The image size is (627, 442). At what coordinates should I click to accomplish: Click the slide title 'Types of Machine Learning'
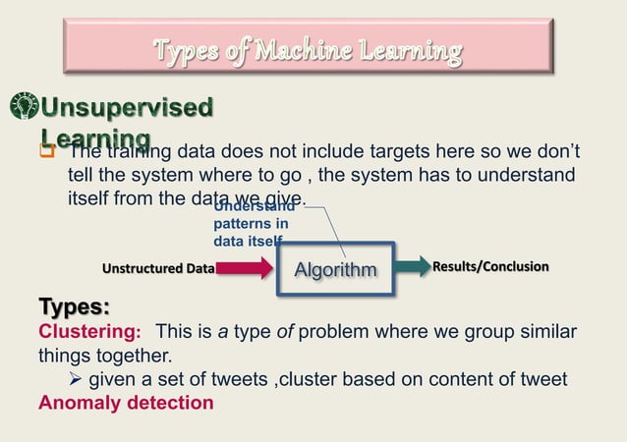coord(308,48)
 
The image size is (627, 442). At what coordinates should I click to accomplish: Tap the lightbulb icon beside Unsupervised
coord(24,107)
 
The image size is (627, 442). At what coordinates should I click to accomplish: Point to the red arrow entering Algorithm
coord(245,267)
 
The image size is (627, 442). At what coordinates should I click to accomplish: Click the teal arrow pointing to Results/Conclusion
coord(412,266)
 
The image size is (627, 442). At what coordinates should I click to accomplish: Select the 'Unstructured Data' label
coord(158,267)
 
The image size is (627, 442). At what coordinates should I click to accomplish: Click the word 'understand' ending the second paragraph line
coord(529,175)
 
